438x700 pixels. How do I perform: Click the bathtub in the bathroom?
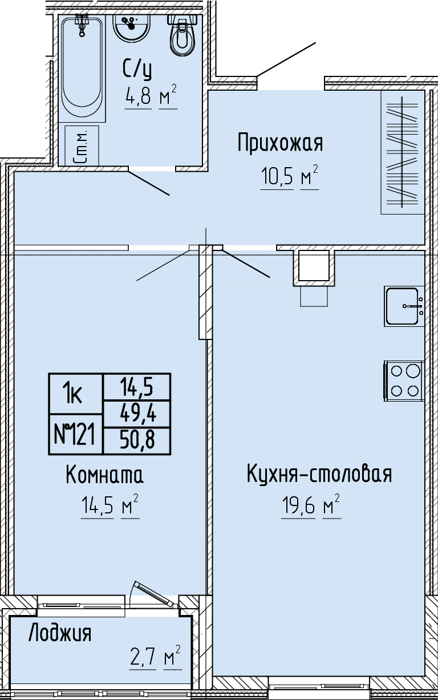(82, 68)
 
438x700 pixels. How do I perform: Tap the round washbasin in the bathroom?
(132, 27)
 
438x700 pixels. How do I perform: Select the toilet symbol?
(182, 34)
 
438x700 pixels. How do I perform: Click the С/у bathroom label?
(137, 70)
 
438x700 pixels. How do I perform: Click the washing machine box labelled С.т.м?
(82, 145)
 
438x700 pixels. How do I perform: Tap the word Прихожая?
(280, 143)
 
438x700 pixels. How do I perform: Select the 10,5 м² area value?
(290, 176)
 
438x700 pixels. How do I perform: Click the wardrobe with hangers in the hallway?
(403, 152)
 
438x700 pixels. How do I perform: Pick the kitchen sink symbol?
(404, 306)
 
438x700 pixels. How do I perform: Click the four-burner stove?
(404, 381)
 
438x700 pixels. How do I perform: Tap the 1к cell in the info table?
(75, 394)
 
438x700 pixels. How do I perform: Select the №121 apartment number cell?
(75, 434)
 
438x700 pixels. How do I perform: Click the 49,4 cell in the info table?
(137, 414)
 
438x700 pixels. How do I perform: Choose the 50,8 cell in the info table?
(137, 440)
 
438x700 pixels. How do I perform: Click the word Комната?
(105, 475)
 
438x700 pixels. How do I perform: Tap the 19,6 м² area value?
(311, 506)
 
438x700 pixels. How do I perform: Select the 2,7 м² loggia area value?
(155, 658)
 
